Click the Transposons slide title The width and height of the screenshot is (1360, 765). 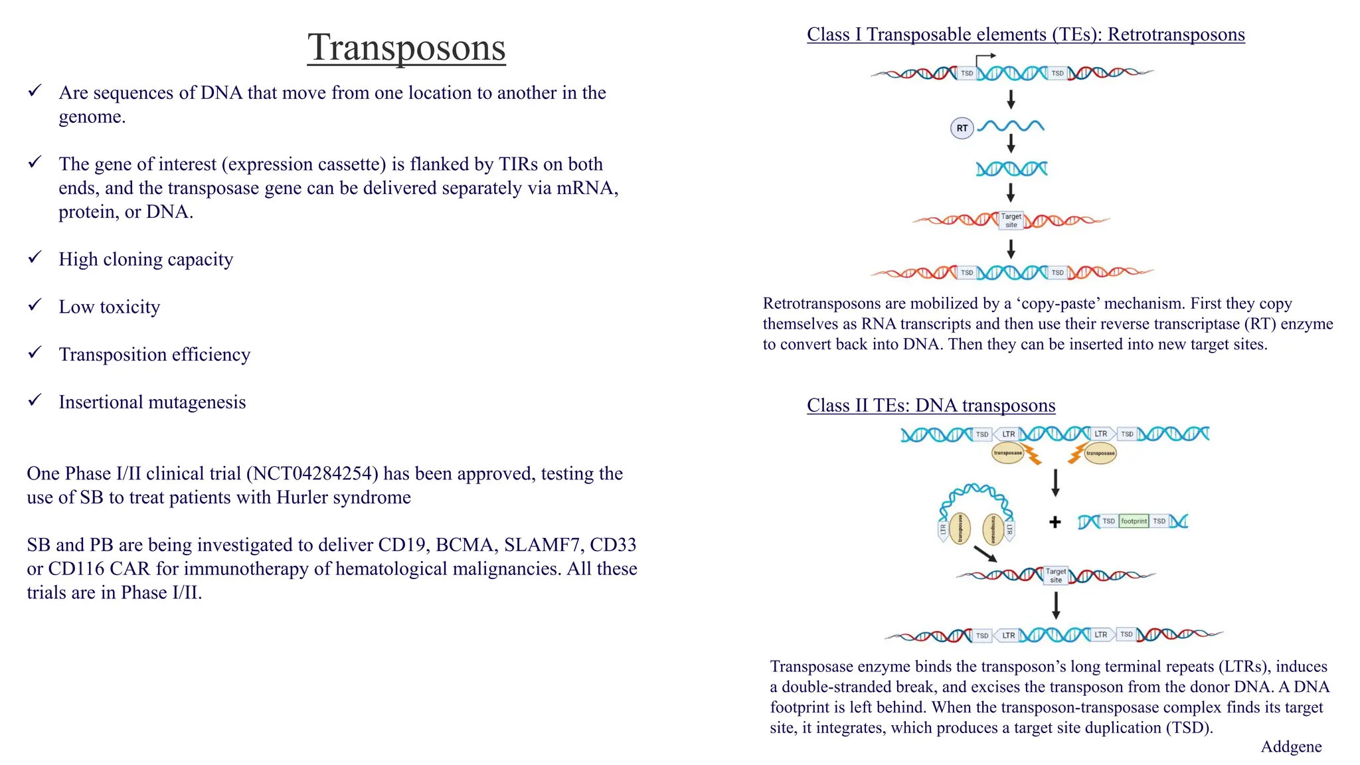tap(406, 48)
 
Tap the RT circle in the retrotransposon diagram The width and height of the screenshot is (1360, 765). tap(962, 128)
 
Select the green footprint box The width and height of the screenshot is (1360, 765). tap(1134, 521)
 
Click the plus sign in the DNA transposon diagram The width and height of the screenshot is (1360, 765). tap(1055, 522)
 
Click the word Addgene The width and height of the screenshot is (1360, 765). tap(1291, 747)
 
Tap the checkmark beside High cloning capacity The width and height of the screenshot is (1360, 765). tap(35, 258)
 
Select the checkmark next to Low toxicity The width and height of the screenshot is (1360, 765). tap(35, 305)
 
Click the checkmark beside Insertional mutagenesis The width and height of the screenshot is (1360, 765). tap(35, 400)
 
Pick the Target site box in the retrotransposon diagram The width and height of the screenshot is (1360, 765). tap(1011, 220)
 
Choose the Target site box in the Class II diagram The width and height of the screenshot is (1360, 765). tap(1056, 575)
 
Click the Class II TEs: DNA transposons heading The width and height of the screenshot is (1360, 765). tap(931, 405)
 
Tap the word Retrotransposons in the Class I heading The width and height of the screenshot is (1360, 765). tap(1176, 35)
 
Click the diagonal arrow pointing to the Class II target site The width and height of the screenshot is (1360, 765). tap(985, 554)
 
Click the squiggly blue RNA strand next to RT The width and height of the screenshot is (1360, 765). tap(1011, 126)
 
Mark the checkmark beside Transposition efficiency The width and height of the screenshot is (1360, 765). tap(35, 353)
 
